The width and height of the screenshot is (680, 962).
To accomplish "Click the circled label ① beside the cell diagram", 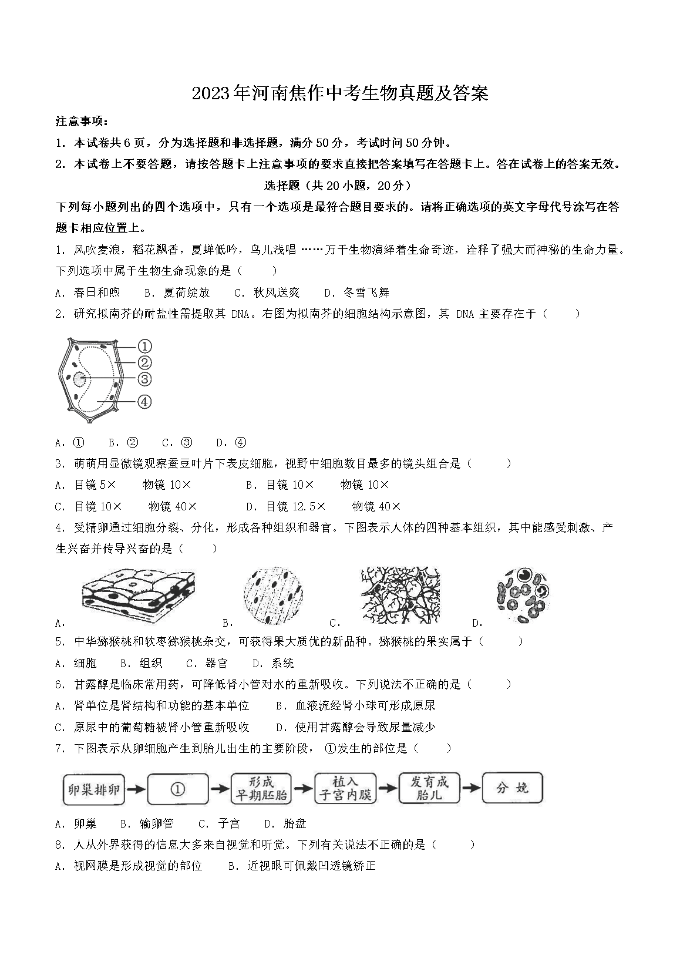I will click(144, 347).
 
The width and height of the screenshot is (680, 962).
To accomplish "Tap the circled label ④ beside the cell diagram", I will click(144, 402).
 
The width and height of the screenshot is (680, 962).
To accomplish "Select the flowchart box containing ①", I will click(179, 789).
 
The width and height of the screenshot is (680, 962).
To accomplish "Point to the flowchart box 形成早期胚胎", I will click(262, 789).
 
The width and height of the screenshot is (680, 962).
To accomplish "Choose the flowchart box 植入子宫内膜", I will click(345, 789).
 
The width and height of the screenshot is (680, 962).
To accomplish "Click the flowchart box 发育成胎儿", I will click(429, 789).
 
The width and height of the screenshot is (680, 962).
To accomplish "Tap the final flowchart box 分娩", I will click(512, 788).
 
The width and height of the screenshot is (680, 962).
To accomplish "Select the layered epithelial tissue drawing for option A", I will click(139, 596).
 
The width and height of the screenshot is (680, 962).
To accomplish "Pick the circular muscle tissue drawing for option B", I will click(272, 595).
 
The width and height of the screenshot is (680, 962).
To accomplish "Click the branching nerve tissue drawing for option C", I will click(400, 595).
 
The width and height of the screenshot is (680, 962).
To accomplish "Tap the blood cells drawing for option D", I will click(524, 594).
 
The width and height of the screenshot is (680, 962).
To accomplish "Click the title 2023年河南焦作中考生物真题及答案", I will click(340, 93).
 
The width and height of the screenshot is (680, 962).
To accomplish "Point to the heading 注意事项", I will click(82, 122).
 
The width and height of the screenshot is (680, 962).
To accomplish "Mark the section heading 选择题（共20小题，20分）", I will click(339, 186).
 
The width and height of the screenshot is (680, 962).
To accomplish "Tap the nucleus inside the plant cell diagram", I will click(79, 379).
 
